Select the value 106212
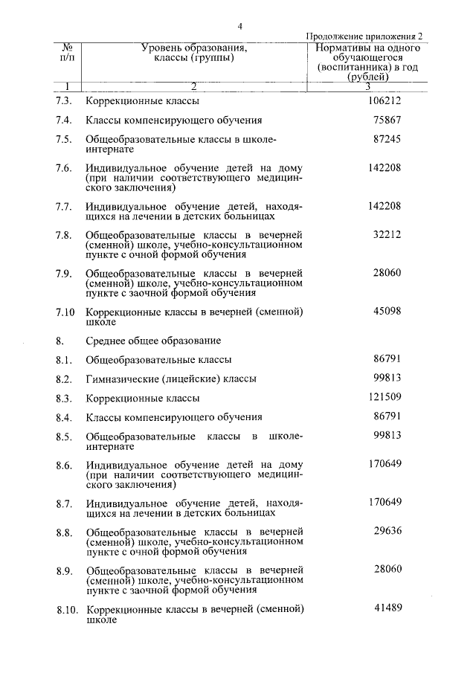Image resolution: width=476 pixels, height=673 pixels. pos(385,100)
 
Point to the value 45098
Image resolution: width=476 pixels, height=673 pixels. pos(387,312)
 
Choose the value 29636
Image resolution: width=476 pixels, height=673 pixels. pos(387,532)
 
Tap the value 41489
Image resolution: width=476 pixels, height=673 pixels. pos(387,610)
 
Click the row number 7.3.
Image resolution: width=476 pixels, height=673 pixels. pos(63,100)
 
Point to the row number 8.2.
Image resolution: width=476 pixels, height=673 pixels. pos(63,379)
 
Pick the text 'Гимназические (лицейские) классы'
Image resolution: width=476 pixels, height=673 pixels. pos(171,379)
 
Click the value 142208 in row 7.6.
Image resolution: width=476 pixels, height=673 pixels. pos(385,167)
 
